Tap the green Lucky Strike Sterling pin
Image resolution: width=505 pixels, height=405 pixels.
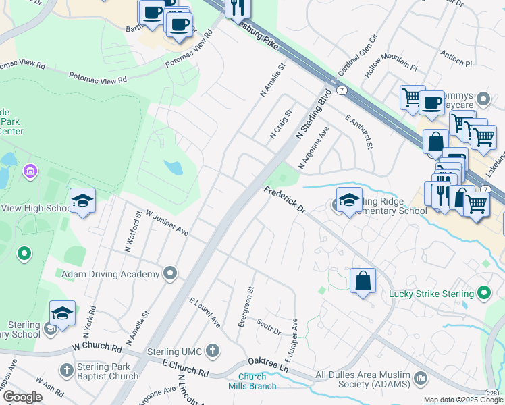click(483, 293)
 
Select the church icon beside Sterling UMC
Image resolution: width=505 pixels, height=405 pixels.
click(213, 350)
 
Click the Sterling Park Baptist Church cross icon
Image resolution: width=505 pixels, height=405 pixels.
click(66, 370)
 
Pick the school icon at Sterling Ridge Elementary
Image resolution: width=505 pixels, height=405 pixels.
click(349, 200)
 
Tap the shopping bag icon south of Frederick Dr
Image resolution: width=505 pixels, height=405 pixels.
click(363, 281)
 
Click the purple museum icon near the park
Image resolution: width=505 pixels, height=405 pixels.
click(30, 171)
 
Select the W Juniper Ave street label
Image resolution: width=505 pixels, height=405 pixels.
click(162, 221)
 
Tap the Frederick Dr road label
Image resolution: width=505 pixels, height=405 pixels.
click(285, 200)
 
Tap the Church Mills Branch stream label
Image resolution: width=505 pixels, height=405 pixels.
click(256, 381)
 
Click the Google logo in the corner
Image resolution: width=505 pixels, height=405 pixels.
click(22, 396)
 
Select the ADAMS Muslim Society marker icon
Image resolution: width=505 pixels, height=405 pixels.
click(421, 377)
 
